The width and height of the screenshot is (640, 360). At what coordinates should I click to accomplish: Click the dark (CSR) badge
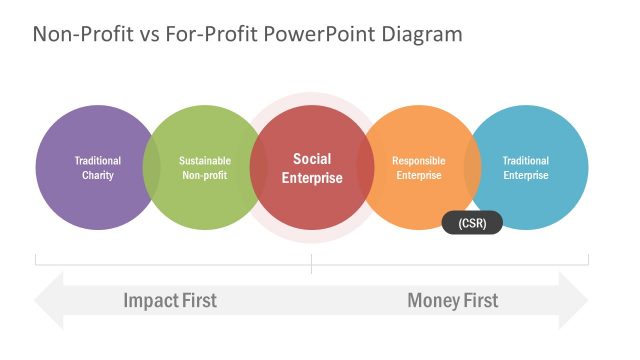coord(472,223)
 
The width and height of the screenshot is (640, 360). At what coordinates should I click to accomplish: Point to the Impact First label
coord(170,300)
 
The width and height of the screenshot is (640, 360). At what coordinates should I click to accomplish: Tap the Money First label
coord(452,300)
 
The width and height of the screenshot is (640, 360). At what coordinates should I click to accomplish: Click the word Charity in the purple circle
coord(98,176)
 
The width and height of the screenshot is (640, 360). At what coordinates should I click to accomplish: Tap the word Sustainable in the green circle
coord(204,160)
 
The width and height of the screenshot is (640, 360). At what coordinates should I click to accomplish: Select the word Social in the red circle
coord(312,159)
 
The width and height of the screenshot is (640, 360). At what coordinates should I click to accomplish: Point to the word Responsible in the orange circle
coord(418,160)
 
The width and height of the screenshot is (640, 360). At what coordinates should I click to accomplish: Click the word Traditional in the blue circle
coord(525,160)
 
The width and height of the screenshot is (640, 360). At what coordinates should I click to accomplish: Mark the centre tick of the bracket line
coord(311,264)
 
